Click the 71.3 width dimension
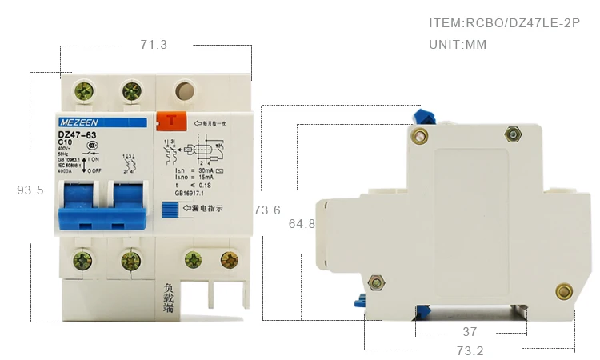pos(154,45)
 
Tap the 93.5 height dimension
pos(30,190)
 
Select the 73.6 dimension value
pos(267,210)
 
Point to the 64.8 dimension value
pos(302,224)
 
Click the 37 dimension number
pos(470,331)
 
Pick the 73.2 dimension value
pos(470,350)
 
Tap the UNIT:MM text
pos(458,45)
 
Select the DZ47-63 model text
pos(77,135)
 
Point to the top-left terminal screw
pos(83,93)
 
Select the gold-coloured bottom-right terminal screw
pos(230,258)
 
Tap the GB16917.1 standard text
pos(190,193)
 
